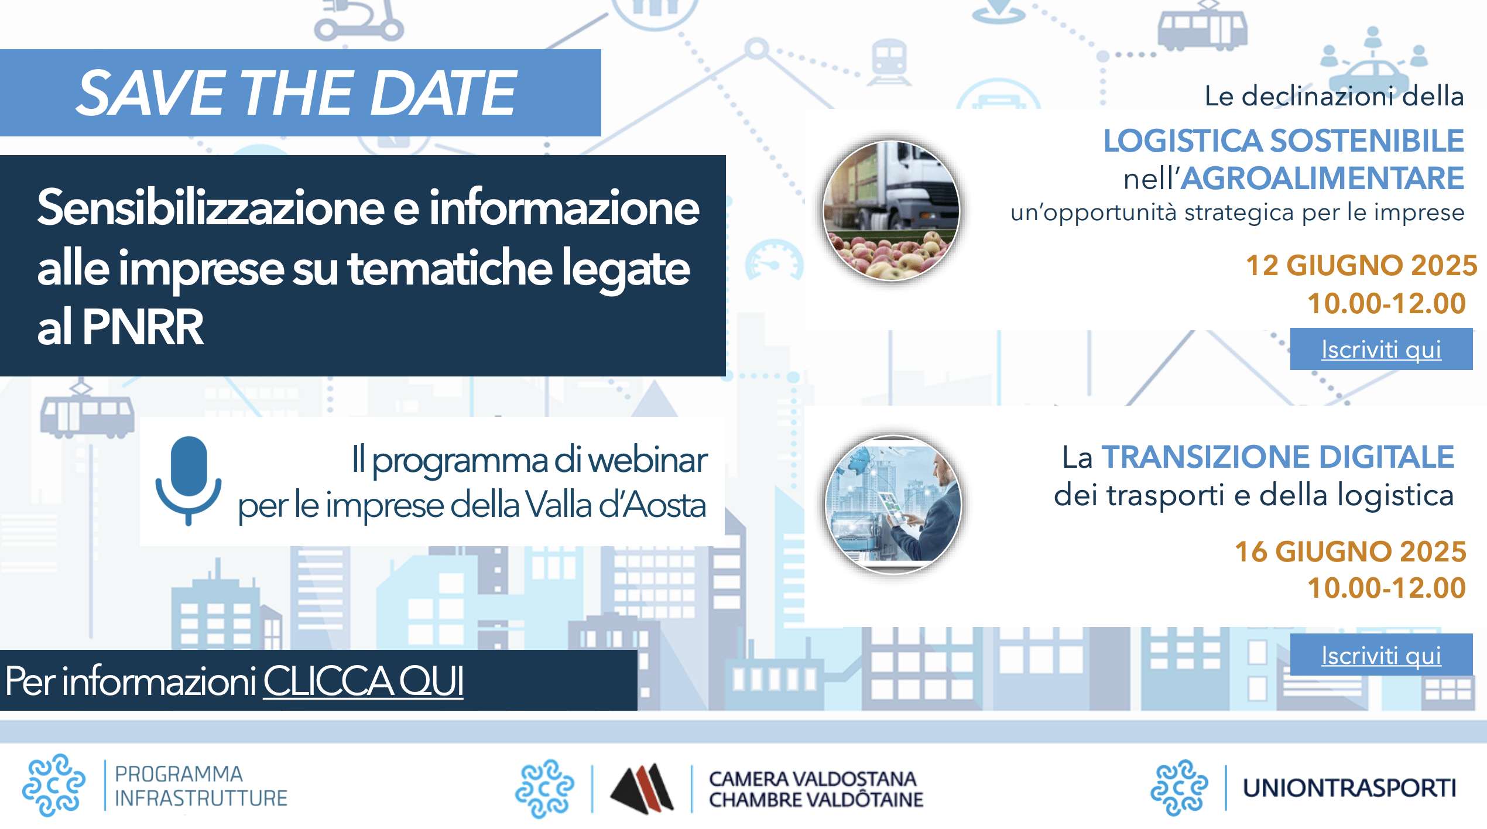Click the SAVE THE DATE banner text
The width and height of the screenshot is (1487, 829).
coord(297,93)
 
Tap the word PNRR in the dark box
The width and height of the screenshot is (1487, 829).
coord(143,327)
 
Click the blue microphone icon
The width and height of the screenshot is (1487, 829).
coord(189,481)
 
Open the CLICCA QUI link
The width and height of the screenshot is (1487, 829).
coord(364,681)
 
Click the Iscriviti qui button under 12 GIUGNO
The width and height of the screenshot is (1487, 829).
coord(1381,349)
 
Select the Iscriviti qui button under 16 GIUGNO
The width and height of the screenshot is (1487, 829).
coord(1381,655)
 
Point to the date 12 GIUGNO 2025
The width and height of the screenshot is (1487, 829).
coord(1362,265)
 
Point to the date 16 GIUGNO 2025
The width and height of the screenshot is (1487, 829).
coord(1351,551)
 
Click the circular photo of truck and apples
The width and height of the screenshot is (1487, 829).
coord(892,210)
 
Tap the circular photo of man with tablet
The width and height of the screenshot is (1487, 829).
coord(893,505)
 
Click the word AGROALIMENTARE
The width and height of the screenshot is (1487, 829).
coord(1322,178)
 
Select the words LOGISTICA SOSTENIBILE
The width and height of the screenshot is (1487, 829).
coord(1284,141)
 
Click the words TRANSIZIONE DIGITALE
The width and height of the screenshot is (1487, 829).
coord(1278,457)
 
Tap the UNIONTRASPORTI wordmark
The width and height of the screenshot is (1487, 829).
coord(1349,787)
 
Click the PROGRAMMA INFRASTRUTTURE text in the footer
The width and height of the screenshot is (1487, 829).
coord(201,786)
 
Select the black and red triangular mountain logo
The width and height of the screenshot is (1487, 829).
coord(642,788)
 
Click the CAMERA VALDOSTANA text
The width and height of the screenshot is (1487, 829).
coord(813,779)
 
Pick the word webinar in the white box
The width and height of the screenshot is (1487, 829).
coord(647,460)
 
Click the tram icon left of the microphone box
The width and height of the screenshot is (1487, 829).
coord(87,411)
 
